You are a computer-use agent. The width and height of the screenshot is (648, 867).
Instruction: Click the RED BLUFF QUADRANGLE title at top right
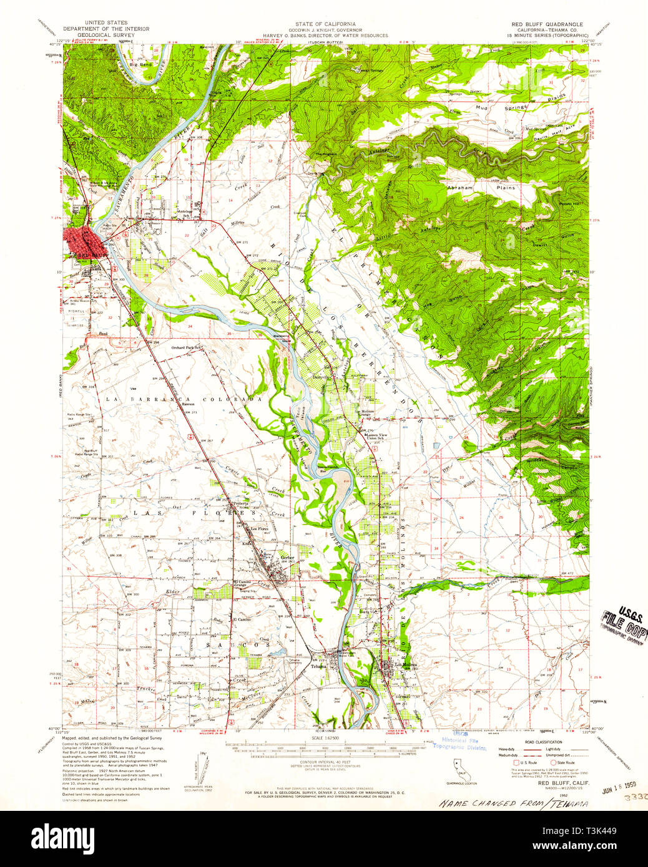click(x=547, y=24)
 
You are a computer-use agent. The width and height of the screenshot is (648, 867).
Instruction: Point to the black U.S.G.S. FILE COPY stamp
click(x=622, y=621)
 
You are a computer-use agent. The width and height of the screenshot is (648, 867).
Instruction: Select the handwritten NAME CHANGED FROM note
click(x=514, y=803)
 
